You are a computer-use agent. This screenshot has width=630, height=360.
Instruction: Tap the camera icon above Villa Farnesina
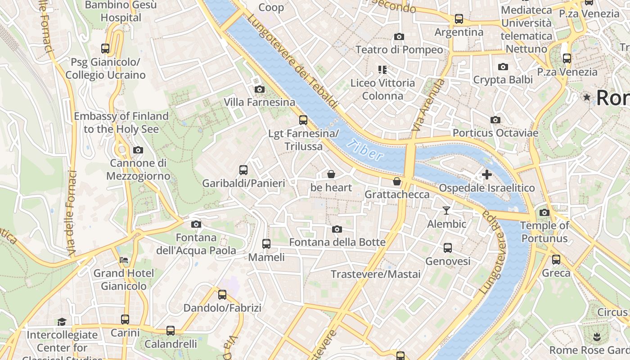[259, 89]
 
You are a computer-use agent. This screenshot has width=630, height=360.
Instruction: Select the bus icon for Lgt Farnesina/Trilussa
[303, 120]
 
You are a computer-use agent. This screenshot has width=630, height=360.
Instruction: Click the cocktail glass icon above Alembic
[446, 210]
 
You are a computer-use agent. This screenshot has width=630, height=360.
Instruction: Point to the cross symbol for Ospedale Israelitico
[486, 175]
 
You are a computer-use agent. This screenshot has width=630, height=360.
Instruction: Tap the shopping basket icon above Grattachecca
[397, 181]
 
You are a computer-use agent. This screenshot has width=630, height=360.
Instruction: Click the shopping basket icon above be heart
[331, 174]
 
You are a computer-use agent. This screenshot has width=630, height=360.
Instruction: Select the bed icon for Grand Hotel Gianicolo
[124, 260]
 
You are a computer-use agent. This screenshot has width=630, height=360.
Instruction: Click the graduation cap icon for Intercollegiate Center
[62, 322]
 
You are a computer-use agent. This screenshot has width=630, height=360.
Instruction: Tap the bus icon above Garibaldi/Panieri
[243, 170]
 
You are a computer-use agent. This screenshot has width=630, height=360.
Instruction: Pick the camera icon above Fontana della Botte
[337, 229]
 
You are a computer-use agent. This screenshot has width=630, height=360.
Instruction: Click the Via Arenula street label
[428, 106]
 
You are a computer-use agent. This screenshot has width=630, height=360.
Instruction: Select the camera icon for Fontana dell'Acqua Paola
[196, 224]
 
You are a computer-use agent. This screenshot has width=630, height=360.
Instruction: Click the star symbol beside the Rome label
[587, 97]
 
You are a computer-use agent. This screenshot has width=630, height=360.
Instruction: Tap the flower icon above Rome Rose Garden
[597, 337]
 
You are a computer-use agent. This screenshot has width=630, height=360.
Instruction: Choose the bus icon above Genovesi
[448, 248]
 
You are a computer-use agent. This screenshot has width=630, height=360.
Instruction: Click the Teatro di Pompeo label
[399, 49]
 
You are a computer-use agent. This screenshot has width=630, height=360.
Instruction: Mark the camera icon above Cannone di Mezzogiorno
[138, 150]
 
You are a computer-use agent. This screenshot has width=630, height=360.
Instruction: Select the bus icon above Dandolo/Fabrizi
[222, 295]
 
